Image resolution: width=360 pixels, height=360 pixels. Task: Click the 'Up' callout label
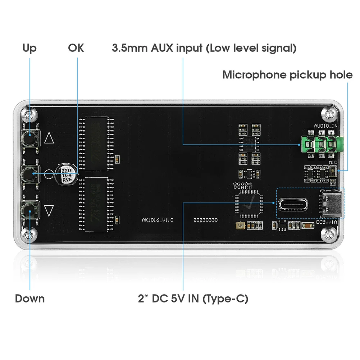(29, 48)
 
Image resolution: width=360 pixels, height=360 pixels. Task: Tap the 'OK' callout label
(76, 48)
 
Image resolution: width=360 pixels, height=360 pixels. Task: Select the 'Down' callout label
(30, 299)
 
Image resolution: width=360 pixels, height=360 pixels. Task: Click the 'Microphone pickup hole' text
(287, 75)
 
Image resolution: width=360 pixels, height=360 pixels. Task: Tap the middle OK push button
(29, 174)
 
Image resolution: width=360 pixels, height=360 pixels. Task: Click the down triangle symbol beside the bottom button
(49, 210)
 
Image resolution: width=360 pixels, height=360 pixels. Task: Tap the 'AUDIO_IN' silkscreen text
(326, 126)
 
